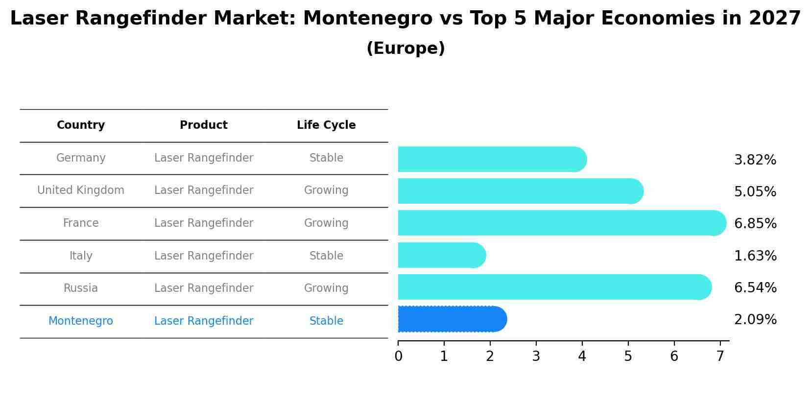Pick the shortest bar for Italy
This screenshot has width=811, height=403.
441,255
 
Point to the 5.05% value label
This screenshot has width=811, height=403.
755,191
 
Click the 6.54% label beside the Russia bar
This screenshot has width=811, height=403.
755,287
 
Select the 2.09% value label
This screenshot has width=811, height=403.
755,320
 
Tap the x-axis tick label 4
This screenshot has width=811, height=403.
582,356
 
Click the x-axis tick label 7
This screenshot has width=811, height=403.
720,356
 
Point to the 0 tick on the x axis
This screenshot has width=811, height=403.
398,356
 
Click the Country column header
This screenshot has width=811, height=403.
81,125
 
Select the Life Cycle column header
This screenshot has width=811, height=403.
326,125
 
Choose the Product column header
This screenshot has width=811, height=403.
204,125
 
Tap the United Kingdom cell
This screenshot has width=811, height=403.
81,190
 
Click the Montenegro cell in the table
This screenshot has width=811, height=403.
81,321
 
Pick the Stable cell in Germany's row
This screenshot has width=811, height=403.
326,158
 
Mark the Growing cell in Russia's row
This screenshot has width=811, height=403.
326,288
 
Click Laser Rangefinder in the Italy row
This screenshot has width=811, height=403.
204,256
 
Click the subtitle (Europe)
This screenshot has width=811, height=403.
405,48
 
